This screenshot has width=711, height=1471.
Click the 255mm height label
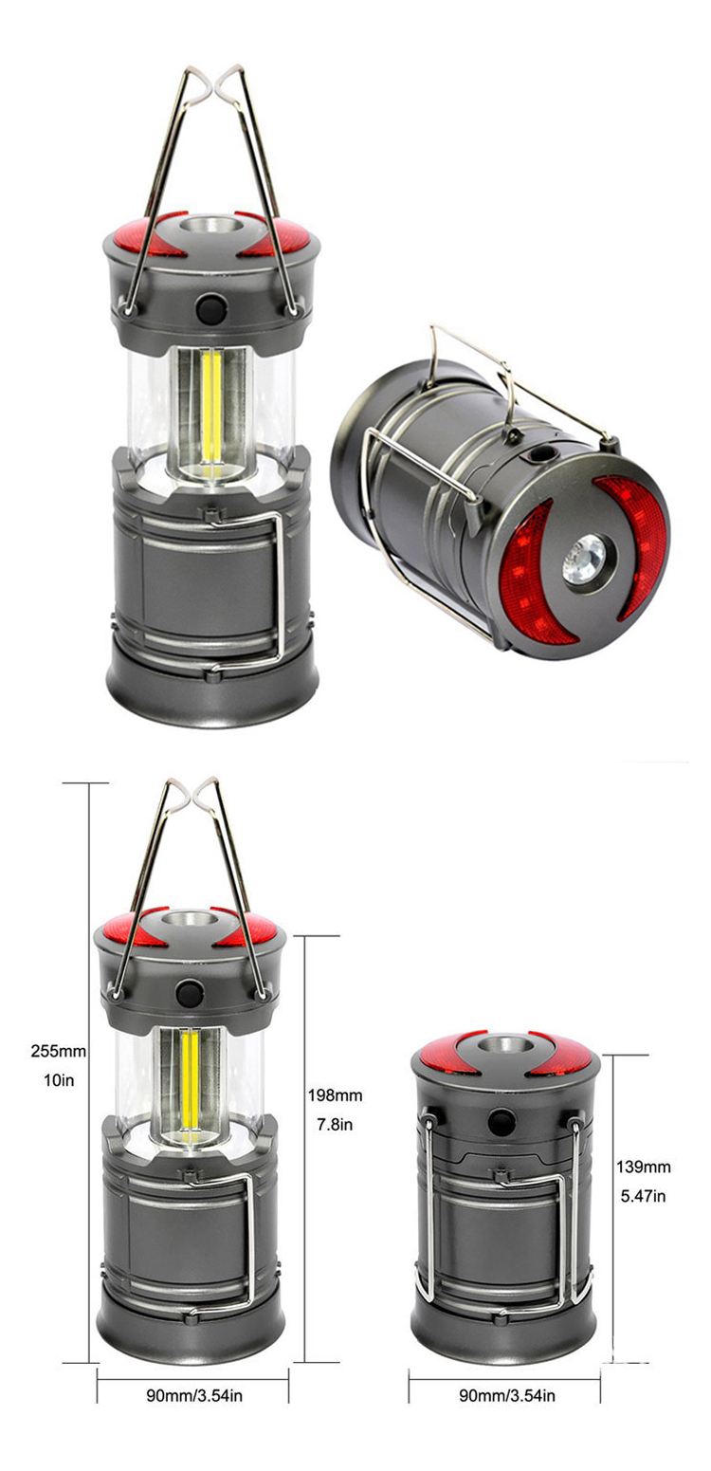59,1052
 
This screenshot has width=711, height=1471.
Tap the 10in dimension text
59,1080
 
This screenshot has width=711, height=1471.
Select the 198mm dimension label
335,1094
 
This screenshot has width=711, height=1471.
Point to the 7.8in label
335,1125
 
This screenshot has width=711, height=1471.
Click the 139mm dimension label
644,1167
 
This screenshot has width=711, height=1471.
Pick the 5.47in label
644,1196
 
